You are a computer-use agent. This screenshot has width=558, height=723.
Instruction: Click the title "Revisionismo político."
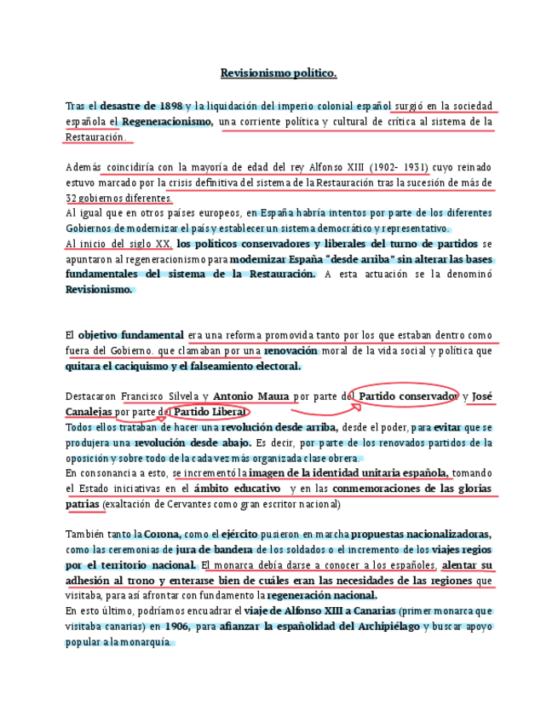[x=279, y=73]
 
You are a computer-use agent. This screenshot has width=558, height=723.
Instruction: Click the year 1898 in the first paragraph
[x=170, y=107]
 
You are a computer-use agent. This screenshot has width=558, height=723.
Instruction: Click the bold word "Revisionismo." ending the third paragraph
[x=100, y=289]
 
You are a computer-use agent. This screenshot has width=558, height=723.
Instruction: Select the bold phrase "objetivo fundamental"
[x=130, y=335]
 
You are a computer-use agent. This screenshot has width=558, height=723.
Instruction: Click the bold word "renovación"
[x=291, y=350]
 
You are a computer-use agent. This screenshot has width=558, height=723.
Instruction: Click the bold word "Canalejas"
[x=89, y=412]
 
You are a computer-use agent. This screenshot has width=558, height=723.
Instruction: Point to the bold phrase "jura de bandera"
[x=215, y=550]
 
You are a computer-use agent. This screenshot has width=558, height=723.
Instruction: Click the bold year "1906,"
[x=177, y=627]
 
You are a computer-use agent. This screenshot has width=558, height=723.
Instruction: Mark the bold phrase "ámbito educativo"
[x=237, y=489]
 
